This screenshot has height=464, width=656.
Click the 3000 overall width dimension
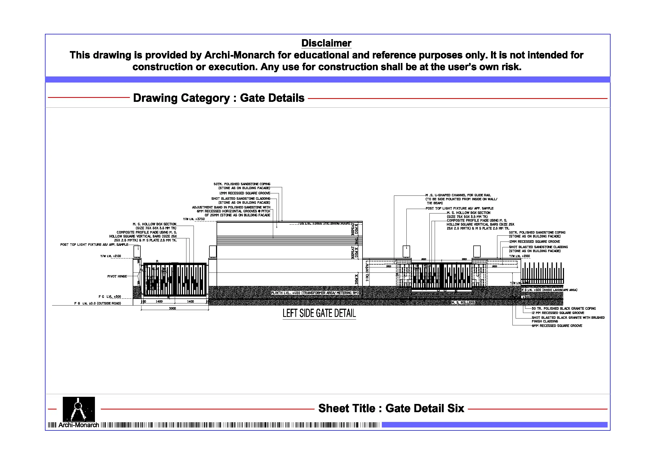[x=172, y=308]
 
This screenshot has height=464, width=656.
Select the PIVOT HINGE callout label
[x=117, y=276]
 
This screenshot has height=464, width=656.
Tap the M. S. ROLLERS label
[x=463, y=302]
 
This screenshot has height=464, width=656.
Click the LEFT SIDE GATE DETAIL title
[x=319, y=313]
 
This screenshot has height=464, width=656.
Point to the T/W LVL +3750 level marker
[x=194, y=219]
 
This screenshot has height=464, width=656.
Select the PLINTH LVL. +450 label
[x=314, y=293]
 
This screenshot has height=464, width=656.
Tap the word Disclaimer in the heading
[x=326, y=43]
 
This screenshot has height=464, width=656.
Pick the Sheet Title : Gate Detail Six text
[x=391, y=408]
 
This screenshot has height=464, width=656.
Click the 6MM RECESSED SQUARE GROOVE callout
[x=557, y=326]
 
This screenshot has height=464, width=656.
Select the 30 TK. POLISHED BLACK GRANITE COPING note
[x=563, y=308]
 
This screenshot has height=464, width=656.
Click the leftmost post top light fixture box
[x=137, y=252]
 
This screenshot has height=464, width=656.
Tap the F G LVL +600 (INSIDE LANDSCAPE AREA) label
[x=549, y=290]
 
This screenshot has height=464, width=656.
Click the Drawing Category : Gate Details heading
[x=219, y=98]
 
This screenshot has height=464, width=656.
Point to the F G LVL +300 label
[x=109, y=297]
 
